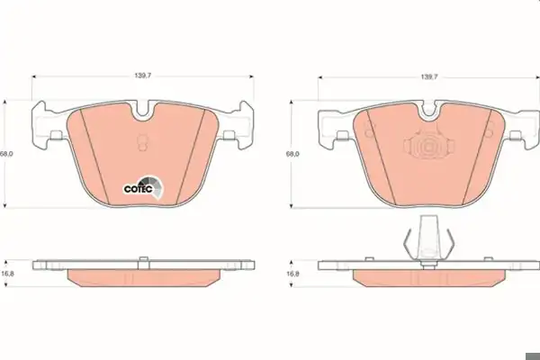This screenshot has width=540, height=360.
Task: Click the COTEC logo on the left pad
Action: click(144, 188)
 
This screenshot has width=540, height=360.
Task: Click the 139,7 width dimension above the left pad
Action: click(142, 76)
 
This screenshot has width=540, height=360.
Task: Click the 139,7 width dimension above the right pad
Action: click(428, 77)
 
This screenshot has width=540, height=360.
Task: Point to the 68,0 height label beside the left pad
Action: click(6, 154)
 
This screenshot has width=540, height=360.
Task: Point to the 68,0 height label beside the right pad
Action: click(292, 154)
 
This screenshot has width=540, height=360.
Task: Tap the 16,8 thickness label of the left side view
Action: click(6, 274)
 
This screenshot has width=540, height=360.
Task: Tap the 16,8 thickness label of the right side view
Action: click(292, 274)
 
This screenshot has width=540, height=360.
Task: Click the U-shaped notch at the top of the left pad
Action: click(143, 112)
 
